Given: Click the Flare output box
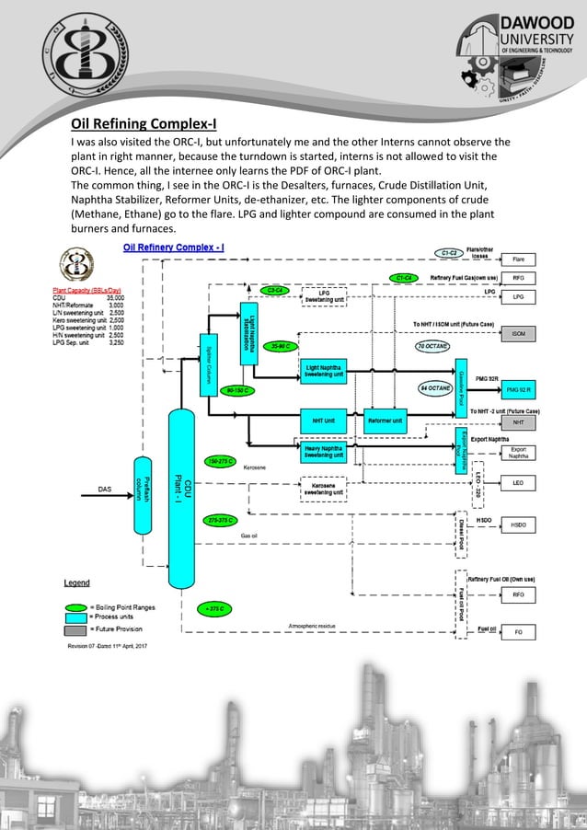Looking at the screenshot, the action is pyautogui.click(x=518, y=259).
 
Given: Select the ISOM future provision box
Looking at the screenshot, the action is pyautogui.click(x=518, y=333).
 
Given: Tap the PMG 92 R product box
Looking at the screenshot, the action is pyautogui.click(x=518, y=389).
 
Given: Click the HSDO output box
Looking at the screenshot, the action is pyautogui.click(x=518, y=525).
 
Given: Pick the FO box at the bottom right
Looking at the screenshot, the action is pyautogui.click(x=518, y=632).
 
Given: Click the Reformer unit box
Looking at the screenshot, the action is pyautogui.click(x=385, y=421).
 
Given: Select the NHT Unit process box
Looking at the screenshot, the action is pyautogui.click(x=323, y=421).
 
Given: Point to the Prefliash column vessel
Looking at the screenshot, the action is pyautogui.click(x=143, y=495).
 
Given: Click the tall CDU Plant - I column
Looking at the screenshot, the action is pyautogui.click(x=183, y=497).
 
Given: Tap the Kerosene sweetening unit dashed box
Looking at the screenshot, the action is pyautogui.click(x=323, y=488).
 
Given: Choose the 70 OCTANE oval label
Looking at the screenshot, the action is pyautogui.click(x=432, y=346).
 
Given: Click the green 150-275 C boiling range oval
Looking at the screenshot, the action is pyautogui.click(x=221, y=460).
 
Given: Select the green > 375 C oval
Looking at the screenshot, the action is pyautogui.click(x=218, y=608).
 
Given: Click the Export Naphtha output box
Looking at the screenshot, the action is pyautogui.click(x=518, y=452).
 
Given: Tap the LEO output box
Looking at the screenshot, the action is pyautogui.click(x=518, y=481).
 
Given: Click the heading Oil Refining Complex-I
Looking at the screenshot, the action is pyautogui.click(x=143, y=124).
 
